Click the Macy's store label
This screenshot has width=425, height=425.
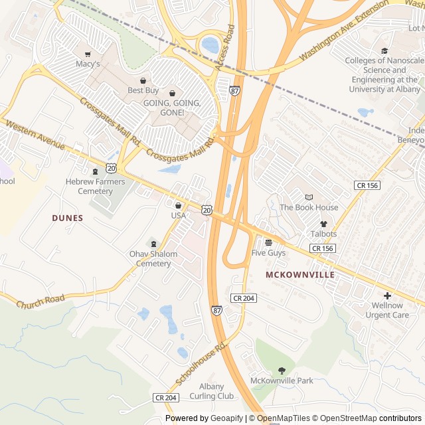pyautogui.click(x=88, y=64)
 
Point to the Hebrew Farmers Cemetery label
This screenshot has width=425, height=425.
pyautogui.click(x=95, y=186)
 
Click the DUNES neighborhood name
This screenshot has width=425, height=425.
pyautogui.click(x=68, y=218)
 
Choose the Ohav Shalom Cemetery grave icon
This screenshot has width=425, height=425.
pyautogui.click(x=153, y=243)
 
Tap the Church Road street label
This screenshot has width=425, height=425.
pyautogui.click(x=41, y=302)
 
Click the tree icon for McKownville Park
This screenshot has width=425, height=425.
pyautogui.click(x=282, y=370)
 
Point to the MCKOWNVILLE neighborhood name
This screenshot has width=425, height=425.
pyautogui.click(x=299, y=274)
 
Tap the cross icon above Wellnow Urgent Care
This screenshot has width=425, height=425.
pyautogui.click(x=387, y=295)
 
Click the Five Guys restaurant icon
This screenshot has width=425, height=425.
pyautogui.click(x=268, y=242)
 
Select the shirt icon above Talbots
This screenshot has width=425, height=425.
pyautogui.click(x=323, y=224)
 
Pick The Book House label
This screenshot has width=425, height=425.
pyautogui.click(x=309, y=207)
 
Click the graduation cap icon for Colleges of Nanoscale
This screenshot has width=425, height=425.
pyautogui.click(x=384, y=50)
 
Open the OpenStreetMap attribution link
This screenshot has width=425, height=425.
pyautogui.click(x=345, y=418)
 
